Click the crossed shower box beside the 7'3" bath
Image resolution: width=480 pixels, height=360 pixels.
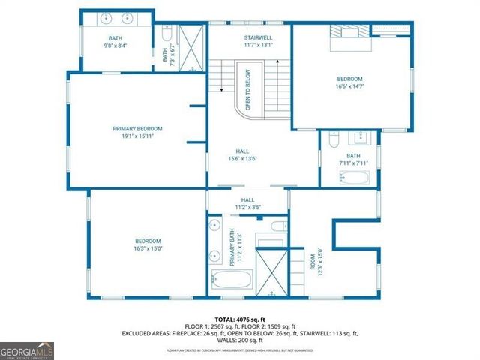[x=192, y=47]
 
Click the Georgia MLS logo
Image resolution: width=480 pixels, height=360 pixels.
[x=26, y=350]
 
